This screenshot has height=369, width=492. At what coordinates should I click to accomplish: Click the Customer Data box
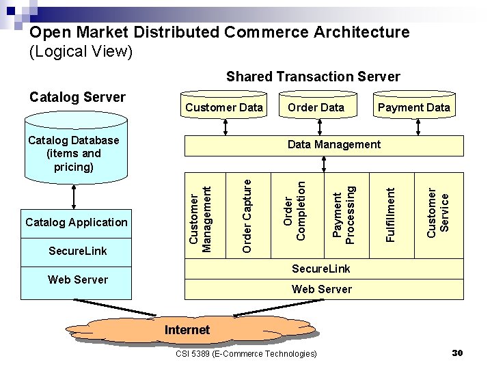click(x=224, y=107)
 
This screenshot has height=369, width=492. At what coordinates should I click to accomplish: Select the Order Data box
click(x=316, y=107)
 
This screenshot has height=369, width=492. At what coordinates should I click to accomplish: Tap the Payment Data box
click(x=413, y=107)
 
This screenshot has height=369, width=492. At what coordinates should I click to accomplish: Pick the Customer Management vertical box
click(x=203, y=215)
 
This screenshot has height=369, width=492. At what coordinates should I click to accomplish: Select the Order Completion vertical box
click(x=295, y=215)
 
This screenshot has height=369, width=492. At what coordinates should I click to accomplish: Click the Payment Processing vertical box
click(x=343, y=215)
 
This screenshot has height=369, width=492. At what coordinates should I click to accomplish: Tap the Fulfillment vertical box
click(x=390, y=215)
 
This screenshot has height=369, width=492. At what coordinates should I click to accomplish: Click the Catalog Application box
click(x=77, y=222)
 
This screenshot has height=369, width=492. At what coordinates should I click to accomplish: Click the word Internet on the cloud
click(x=187, y=330)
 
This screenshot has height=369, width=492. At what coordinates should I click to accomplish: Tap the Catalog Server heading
click(x=77, y=97)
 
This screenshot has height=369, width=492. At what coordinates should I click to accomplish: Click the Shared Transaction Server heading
click(x=313, y=77)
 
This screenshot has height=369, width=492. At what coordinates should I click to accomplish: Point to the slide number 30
click(x=458, y=353)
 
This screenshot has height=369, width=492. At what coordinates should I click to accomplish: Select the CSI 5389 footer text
click(x=246, y=353)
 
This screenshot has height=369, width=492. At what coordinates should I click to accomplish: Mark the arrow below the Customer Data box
click(x=226, y=126)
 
